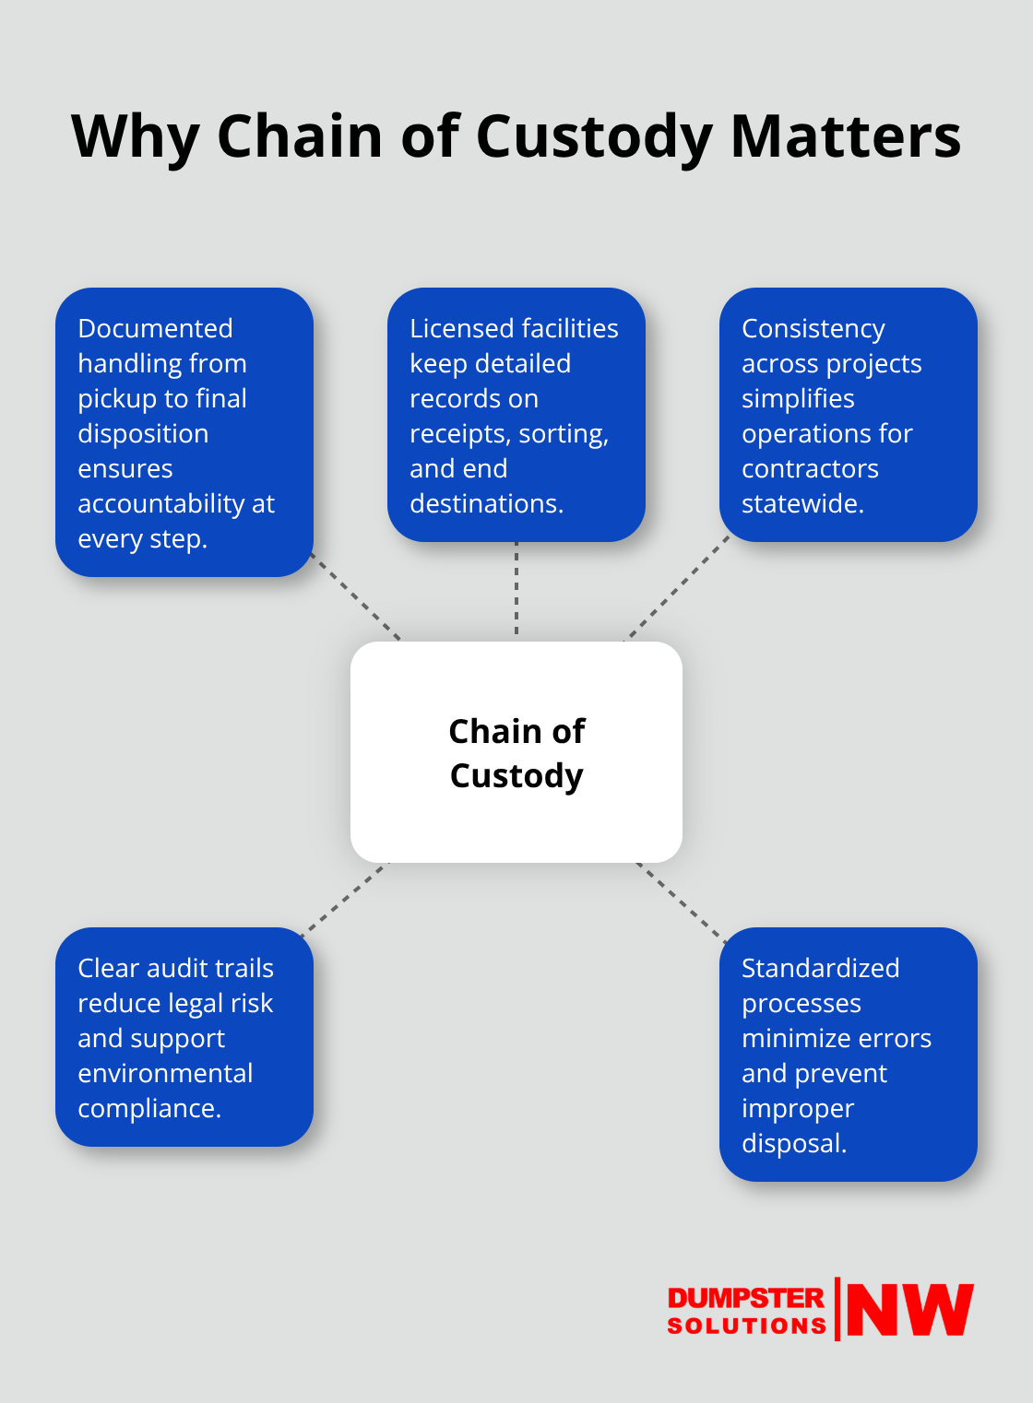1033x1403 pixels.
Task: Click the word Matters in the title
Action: click(x=845, y=136)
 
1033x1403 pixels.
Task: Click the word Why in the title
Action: click(x=135, y=136)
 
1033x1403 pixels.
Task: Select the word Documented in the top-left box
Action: click(x=155, y=328)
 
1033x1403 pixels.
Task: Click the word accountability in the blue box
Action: click(x=162, y=503)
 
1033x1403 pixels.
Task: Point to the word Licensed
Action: click(x=461, y=328)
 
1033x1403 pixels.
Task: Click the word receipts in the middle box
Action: click(x=457, y=433)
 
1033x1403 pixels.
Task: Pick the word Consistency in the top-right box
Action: click(x=813, y=328)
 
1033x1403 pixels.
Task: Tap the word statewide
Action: click(x=802, y=503)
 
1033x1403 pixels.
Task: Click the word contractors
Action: click(x=810, y=468)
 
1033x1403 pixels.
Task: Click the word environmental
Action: click(x=165, y=1073)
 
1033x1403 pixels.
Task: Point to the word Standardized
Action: click(x=820, y=968)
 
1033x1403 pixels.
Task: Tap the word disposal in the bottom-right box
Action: click(x=793, y=1143)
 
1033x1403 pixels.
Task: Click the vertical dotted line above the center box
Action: click(x=516, y=590)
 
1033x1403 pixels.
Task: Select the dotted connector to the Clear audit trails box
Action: click(x=346, y=898)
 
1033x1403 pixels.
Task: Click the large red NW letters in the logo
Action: click(x=909, y=1309)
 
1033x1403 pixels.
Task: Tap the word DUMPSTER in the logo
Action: click(x=745, y=1298)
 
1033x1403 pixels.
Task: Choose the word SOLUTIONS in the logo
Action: click(x=745, y=1326)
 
